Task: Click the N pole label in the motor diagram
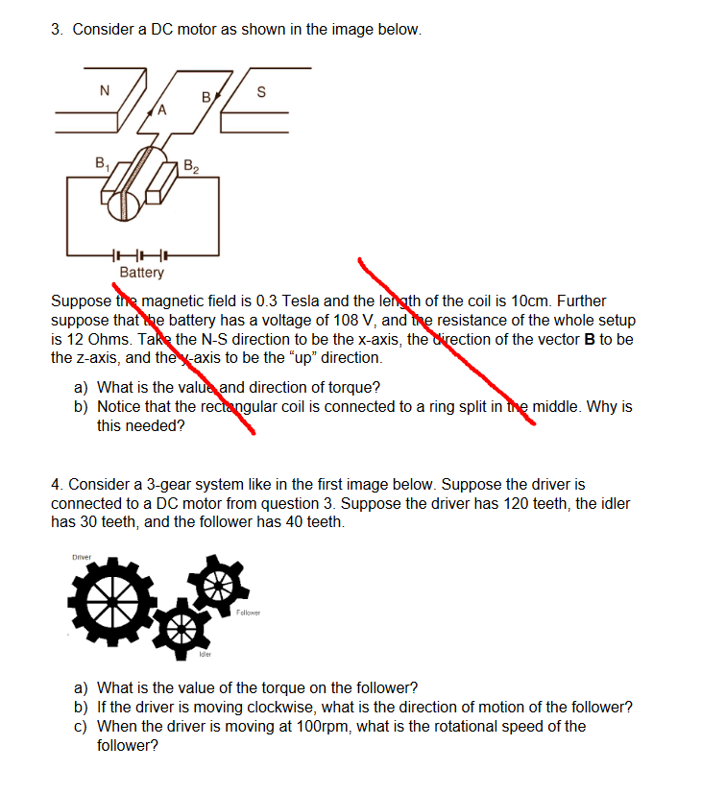105,91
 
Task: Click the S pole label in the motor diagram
260,93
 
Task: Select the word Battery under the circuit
141,273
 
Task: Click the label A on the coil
162,109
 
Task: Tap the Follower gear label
248,613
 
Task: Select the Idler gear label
205,654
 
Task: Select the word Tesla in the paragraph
274,301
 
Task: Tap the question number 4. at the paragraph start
57,484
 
